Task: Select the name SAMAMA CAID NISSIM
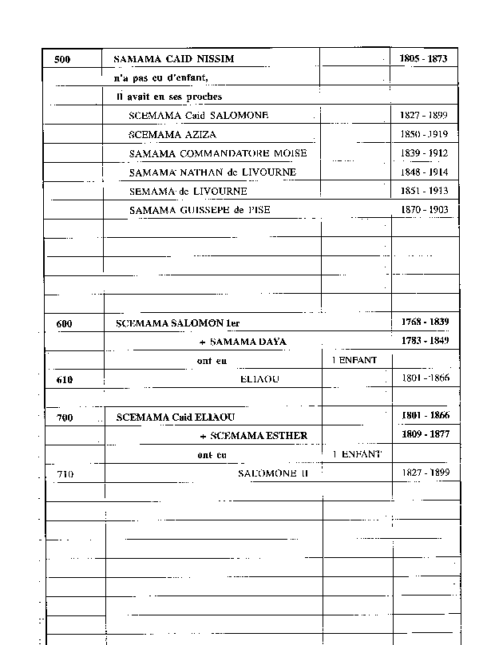click(x=173, y=59)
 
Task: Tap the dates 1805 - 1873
click(x=423, y=58)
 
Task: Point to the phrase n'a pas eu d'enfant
click(x=160, y=77)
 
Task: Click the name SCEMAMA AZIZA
click(x=172, y=134)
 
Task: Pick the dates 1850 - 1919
click(x=424, y=134)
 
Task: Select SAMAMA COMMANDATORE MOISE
click(x=217, y=153)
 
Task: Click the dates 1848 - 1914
click(x=424, y=172)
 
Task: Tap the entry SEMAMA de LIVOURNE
click(x=188, y=192)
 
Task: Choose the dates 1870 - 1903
click(x=424, y=210)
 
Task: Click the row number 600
click(x=65, y=323)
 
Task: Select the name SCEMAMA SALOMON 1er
click(x=177, y=323)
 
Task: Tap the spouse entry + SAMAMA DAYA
click(x=243, y=342)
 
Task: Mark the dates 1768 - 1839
click(x=424, y=322)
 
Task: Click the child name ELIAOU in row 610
click(x=259, y=378)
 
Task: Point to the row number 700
click(x=65, y=417)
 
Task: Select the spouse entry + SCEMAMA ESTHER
click(x=253, y=436)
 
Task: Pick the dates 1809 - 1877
click(x=424, y=435)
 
